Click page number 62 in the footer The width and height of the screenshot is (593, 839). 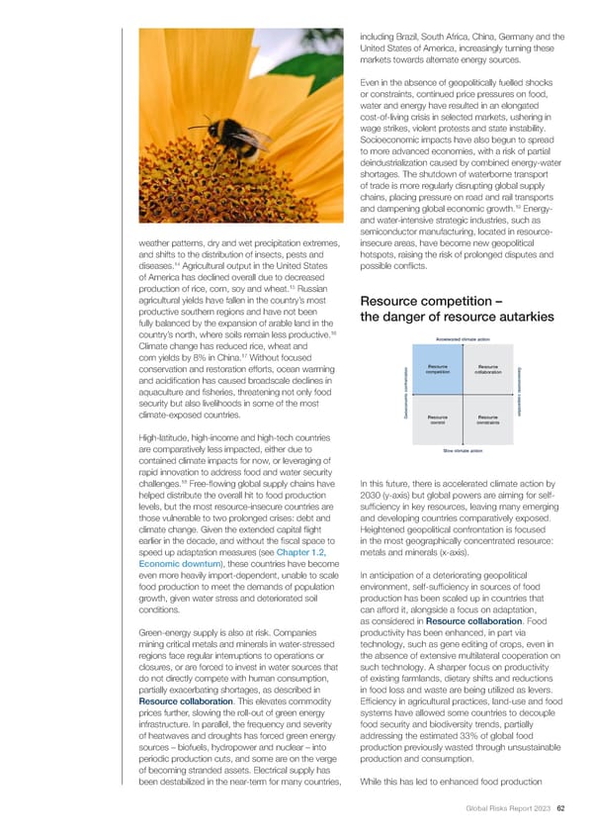tap(560, 815)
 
